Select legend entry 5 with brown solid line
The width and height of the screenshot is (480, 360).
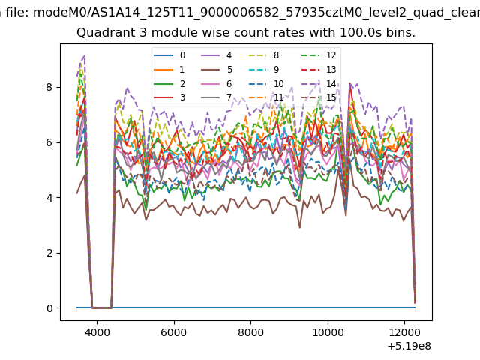coord(217,70)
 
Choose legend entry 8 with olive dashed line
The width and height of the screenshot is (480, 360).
coord(264,55)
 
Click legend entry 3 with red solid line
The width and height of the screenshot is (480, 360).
coord(169,97)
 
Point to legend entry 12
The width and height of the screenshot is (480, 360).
coord(319,55)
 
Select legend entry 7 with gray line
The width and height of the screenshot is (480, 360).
coord(217,97)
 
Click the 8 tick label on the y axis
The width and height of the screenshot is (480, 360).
coord(49,87)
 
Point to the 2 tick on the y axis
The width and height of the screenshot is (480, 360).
coord(49,253)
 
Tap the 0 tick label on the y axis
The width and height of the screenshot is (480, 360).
coord(49,308)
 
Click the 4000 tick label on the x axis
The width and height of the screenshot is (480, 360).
coord(97,332)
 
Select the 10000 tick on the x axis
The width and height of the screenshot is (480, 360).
coord(328,332)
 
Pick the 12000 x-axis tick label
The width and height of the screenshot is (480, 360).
coord(405,332)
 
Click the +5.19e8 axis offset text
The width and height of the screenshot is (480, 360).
coord(409,346)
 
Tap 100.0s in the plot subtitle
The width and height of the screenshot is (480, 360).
coord(359,33)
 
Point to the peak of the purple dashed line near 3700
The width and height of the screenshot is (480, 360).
coord(84,56)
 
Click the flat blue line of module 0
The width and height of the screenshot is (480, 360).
coord(246,307)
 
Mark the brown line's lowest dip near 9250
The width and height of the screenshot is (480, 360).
coord(300,228)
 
